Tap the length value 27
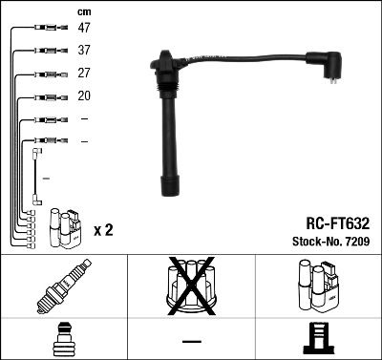(84, 74)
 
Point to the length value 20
(84, 95)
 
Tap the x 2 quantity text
(103, 231)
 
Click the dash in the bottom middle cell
(191, 340)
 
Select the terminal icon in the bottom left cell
(63, 339)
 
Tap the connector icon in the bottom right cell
(319, 339)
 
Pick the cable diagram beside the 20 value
(45, 96)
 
